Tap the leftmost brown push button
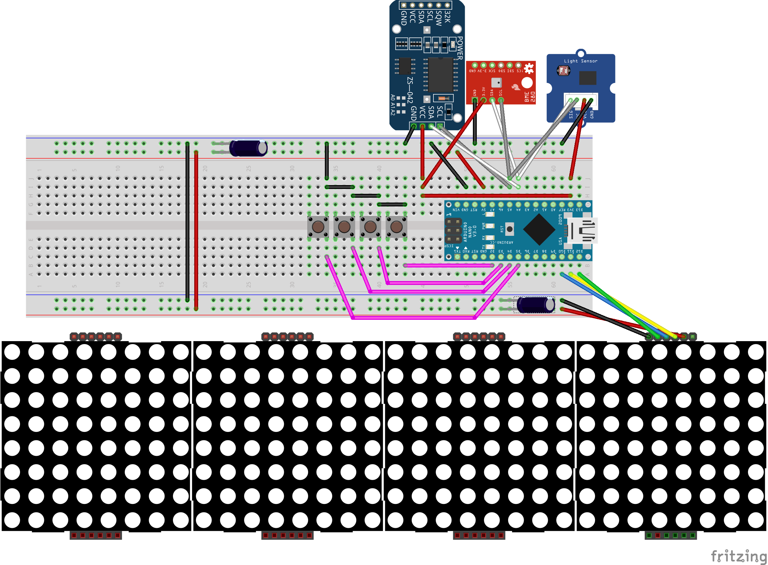click(x=318, y=226)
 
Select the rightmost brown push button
click(x=396, y=226)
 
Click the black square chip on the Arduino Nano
click(x=539, y=229)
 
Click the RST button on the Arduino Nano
click(x=509, y=229)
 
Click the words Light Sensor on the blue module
click(x=581, y=61)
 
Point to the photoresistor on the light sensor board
click(x=563, y=71)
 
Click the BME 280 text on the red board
click(x=529, y=97)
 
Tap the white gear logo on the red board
click(x=529, y=68)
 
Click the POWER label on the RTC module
click(x=460, y=48)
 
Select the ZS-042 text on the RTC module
click(x=410, y=89)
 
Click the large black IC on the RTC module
click(x=440, y=75)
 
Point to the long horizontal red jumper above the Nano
click(x=496, y=196)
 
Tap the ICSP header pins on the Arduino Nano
click(x=453, y=231)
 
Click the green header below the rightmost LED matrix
click(x=670, y=535)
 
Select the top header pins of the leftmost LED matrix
click(x=96, y=337)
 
